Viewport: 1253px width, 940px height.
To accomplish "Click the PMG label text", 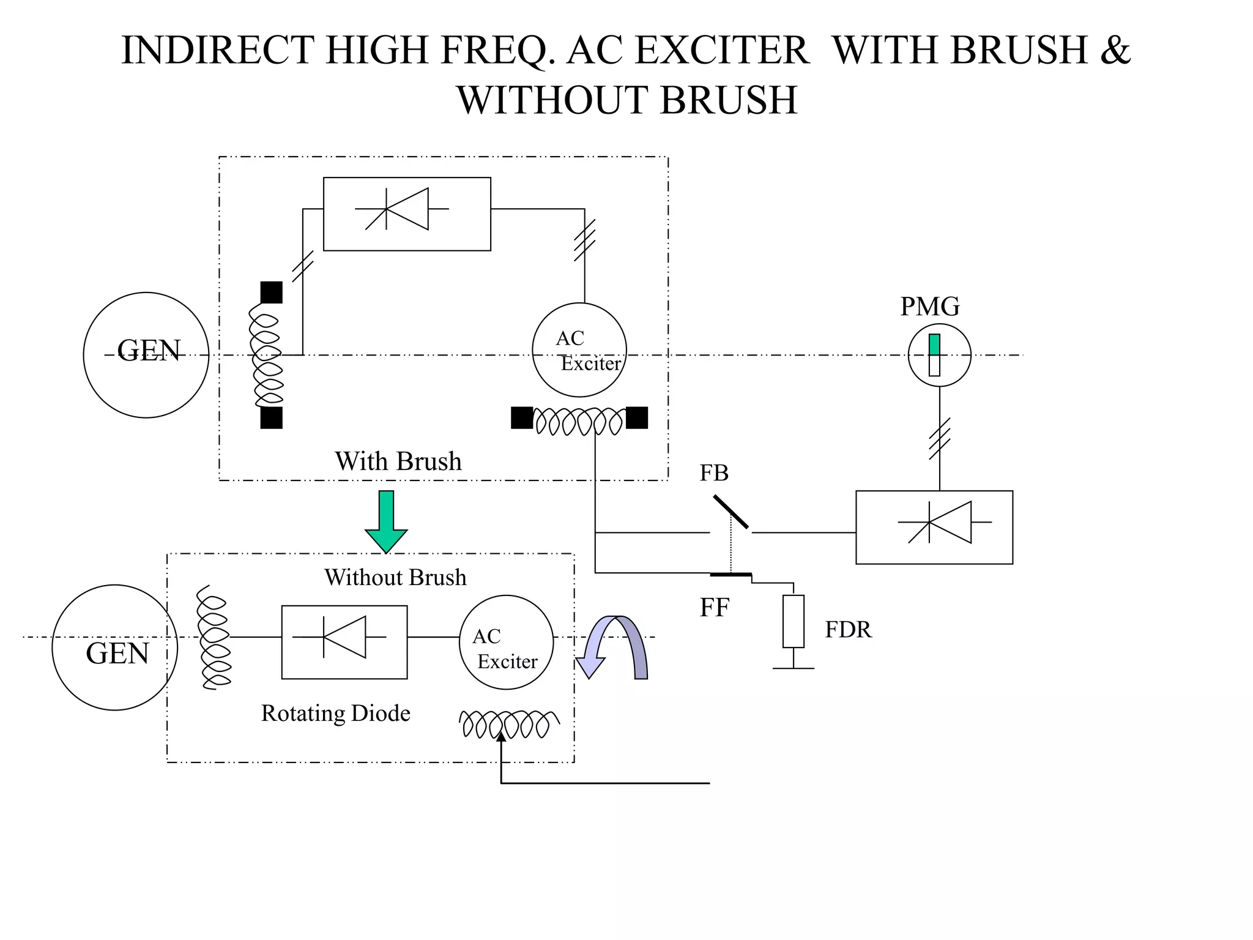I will (x=929, y=306).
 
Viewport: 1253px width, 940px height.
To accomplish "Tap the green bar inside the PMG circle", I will (x=934, y=345).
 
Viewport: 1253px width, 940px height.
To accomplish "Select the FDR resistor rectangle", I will (x=794, y=621).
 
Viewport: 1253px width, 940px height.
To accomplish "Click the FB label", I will (x=714, y=473).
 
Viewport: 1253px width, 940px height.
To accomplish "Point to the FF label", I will (x=714, y=608).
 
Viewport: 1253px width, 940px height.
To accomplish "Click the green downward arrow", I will (x=386, y=520).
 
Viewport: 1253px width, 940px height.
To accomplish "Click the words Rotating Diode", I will (x=335, y=713).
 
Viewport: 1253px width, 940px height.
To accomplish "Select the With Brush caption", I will (x=398, y=461).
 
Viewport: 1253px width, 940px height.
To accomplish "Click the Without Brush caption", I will (x=395, y=577).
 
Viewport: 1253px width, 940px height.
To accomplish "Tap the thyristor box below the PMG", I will (x=934, y=527).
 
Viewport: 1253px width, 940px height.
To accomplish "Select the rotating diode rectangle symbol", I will (x=344, y=642).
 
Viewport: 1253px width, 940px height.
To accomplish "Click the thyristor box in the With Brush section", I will (x=407, y=214).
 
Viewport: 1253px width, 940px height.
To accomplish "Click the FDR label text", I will (x=848, y=630).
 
